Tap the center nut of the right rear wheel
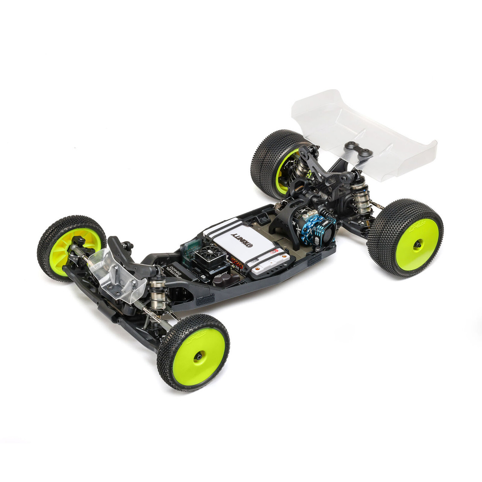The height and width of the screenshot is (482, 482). [418, 245]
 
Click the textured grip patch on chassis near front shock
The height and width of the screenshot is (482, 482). [205, 300]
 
